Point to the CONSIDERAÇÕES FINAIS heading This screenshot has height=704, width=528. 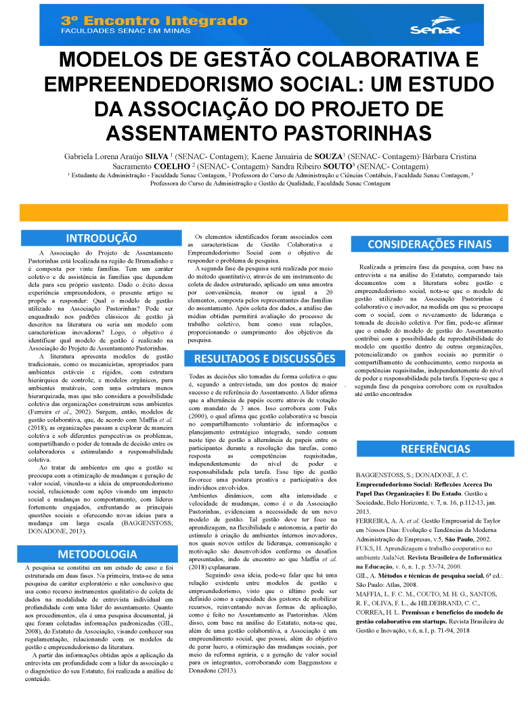click(430, 244)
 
